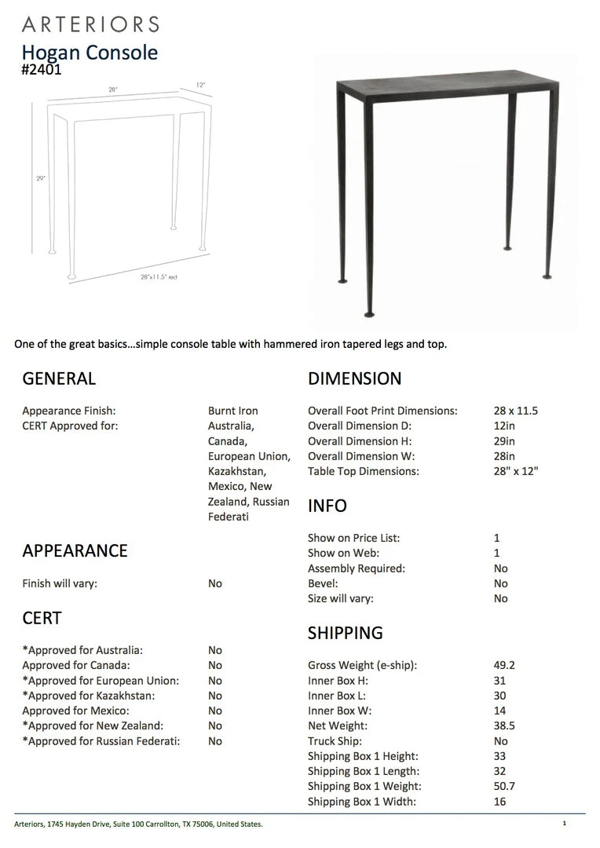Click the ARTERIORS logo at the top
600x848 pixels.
coord(90,24)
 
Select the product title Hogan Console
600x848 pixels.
coord(90,53)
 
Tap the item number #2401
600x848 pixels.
coord(42,70)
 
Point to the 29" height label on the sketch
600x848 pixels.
coord(40,178)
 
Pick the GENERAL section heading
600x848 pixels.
coord(59,378)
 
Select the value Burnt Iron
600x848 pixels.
coord(232,411)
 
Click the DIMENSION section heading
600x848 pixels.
coord(354,378)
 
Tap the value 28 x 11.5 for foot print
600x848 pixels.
coord(516,411)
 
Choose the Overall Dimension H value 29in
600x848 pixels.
coord(505,441)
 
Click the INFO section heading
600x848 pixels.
coord(327,506)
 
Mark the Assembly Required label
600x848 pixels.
coord(357,568)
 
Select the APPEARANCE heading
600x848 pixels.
coord(75,551)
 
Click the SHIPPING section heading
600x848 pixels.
coord(346,633)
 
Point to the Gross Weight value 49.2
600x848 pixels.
coord(504,665)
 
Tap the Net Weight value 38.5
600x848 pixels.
coord(504,726)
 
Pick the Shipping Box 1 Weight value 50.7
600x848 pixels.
coord(504,786)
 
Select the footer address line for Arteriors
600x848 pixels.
coord(138,824)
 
